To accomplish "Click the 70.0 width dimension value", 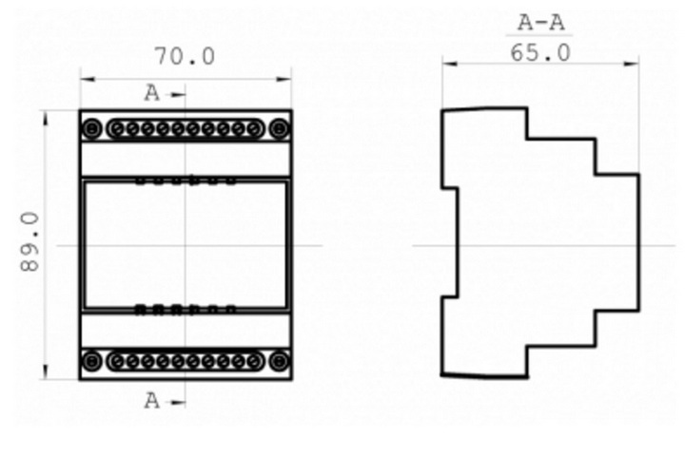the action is coord(186,56).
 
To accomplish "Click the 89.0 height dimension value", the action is coord(30,242).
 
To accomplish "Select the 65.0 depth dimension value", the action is coord(540,53).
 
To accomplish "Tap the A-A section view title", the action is coord(540,23).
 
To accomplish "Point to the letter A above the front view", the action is coord(152,93).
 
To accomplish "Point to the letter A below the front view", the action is coord(152,401).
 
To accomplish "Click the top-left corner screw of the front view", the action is coord(91,129).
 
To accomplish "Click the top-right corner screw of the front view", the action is coord(279,129).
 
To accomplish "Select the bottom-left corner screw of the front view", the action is coord(91,361).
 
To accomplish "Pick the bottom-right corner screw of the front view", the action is coord(279,361).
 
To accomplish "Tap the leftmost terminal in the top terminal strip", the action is coord(118,129).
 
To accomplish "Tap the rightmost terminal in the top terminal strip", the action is coord(254,129).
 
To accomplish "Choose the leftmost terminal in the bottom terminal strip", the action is coord(118,361).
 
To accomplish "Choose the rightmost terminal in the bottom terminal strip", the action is coord(254,361).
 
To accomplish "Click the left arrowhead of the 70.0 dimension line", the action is coord(88,79).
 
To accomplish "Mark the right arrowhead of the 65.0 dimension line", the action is coord(632,64).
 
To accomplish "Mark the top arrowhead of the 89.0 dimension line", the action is coord(46,118).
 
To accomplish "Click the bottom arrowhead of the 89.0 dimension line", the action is coord(46,371).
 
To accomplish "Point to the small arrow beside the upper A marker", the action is coord(177,94).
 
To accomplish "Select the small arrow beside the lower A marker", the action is coord(177,402).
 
